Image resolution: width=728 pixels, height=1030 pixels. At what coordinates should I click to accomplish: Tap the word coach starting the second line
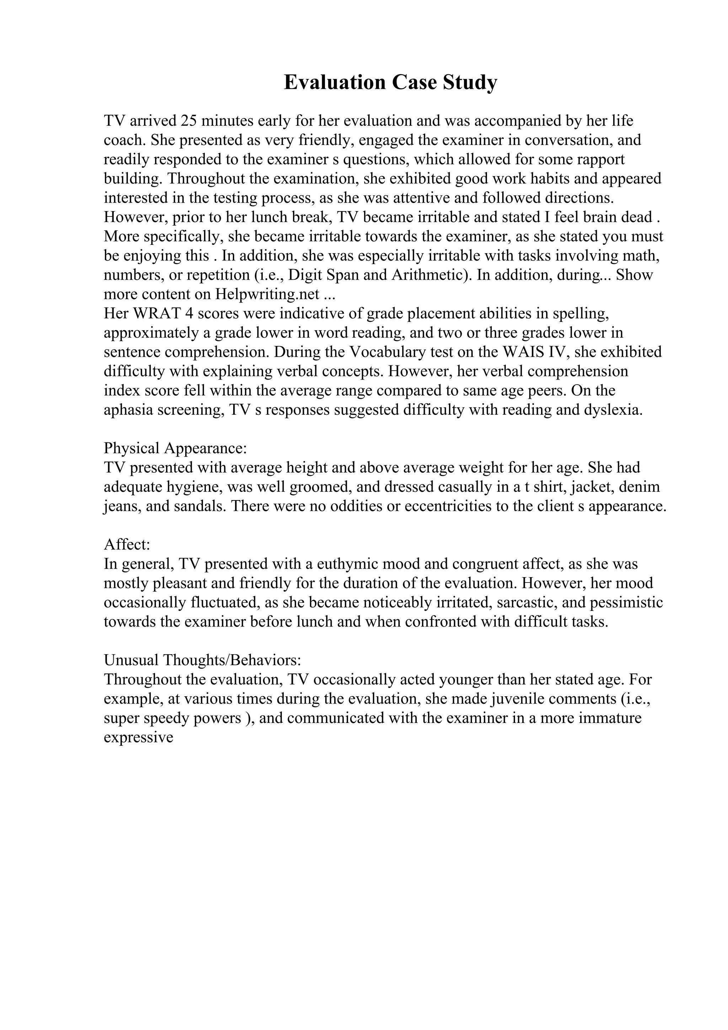(124, 140)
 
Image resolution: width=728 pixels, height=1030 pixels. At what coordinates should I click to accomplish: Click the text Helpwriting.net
(267, 294)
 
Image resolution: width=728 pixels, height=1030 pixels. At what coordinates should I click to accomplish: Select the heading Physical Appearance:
(175, 448)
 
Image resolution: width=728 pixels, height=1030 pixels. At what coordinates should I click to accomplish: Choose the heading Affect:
(127, 544)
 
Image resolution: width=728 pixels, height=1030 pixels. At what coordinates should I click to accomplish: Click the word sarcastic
(526, 602)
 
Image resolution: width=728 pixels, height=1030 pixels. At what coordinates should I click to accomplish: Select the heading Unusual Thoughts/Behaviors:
(202, 660)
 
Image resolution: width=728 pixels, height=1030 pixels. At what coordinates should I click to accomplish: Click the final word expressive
(139, 737)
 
